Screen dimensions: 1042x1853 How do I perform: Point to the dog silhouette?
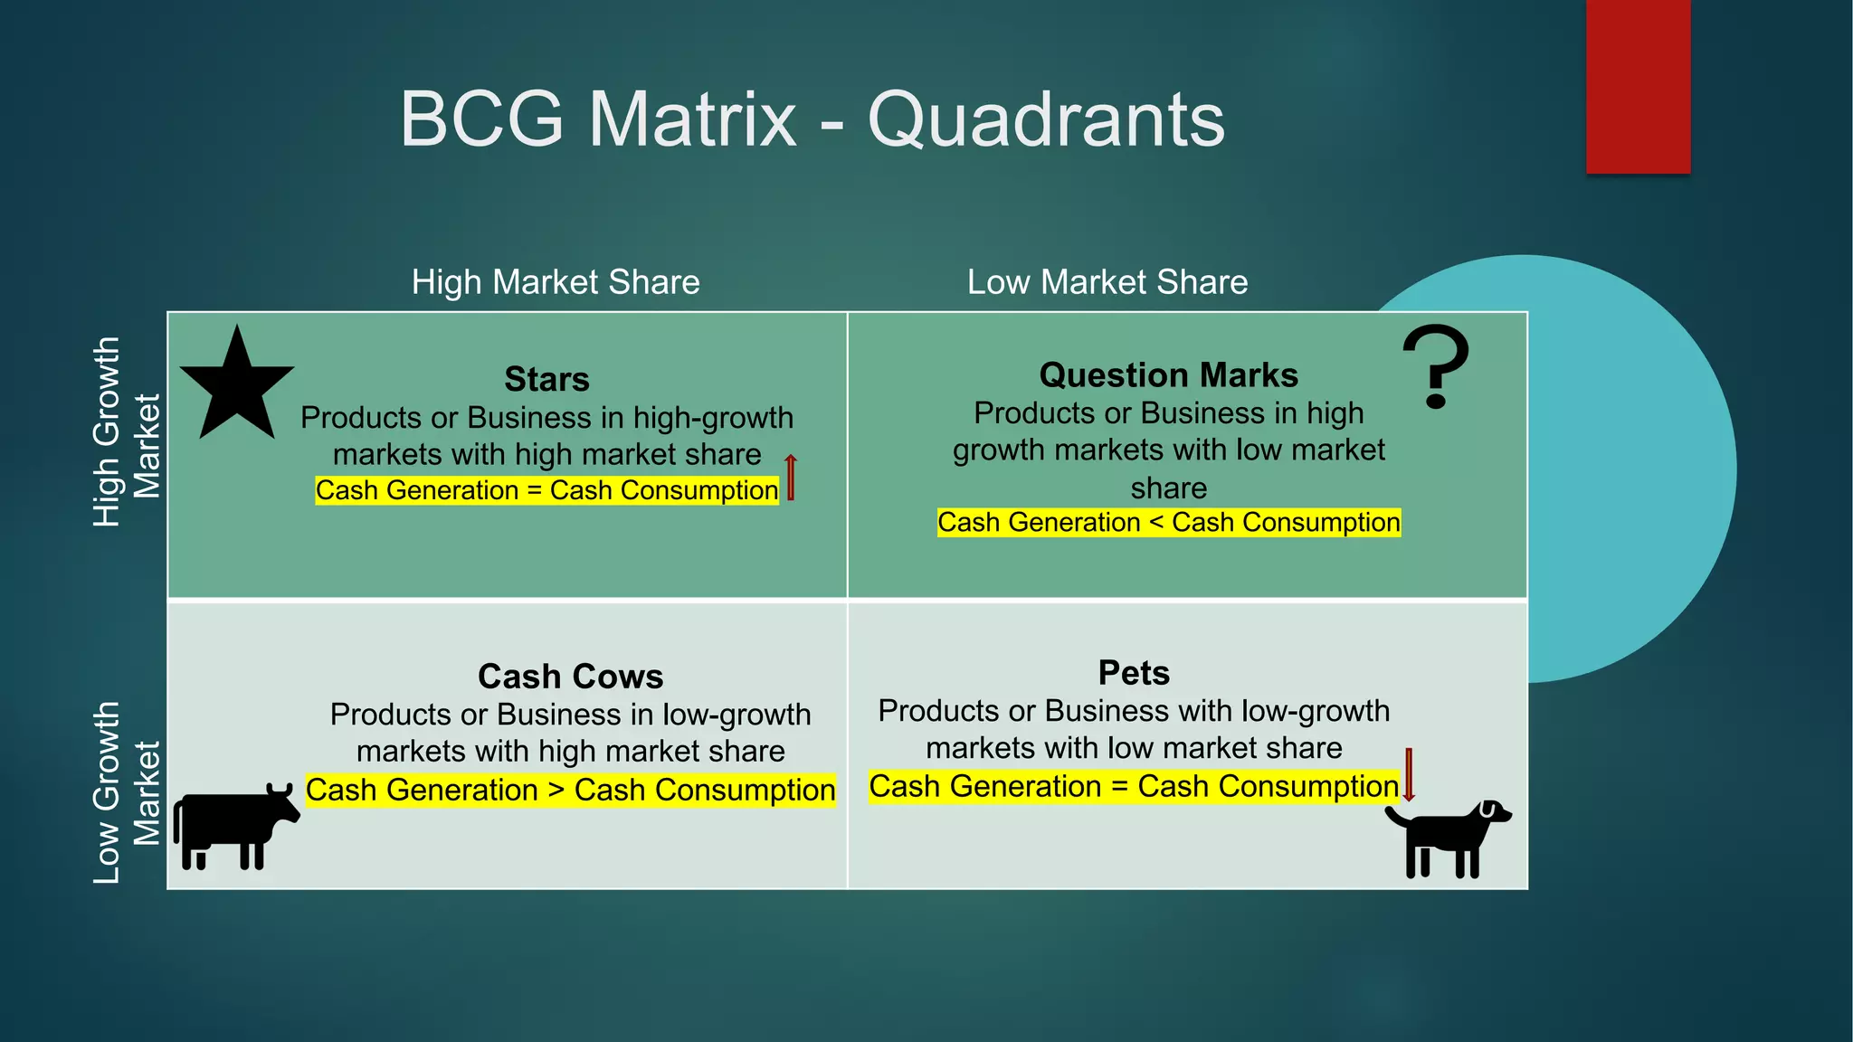(x=1448, y=838)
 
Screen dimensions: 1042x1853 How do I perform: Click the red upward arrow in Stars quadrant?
(x=791, y=477)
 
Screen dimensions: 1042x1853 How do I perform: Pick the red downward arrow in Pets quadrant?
(x=1409, y=774)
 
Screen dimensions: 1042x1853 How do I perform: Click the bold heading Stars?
(x=546, y=379)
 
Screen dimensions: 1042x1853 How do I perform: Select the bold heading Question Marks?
(x=1168, y=374)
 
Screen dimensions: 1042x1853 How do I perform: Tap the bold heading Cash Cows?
(x=570, y=677)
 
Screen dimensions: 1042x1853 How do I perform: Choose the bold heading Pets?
(x=1134, y=673)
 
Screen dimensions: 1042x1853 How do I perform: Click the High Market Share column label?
(x=556, y=282)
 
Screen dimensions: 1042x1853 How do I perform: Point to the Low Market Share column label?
(x=1107, y=282)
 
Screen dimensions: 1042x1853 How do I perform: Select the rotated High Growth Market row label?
(x=126, y=432)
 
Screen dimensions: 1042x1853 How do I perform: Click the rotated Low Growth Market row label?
(x=126, y=792)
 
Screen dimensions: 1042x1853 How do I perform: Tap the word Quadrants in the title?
(x=1046, y=119)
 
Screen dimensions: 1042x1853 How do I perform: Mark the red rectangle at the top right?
(x=1638, y=86)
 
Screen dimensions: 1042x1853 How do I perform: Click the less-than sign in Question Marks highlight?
(x=1156, y=523)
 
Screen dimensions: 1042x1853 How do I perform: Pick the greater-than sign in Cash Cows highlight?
(x=556, y=791)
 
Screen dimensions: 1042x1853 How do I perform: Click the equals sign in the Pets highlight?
(x=1119, y=787)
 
